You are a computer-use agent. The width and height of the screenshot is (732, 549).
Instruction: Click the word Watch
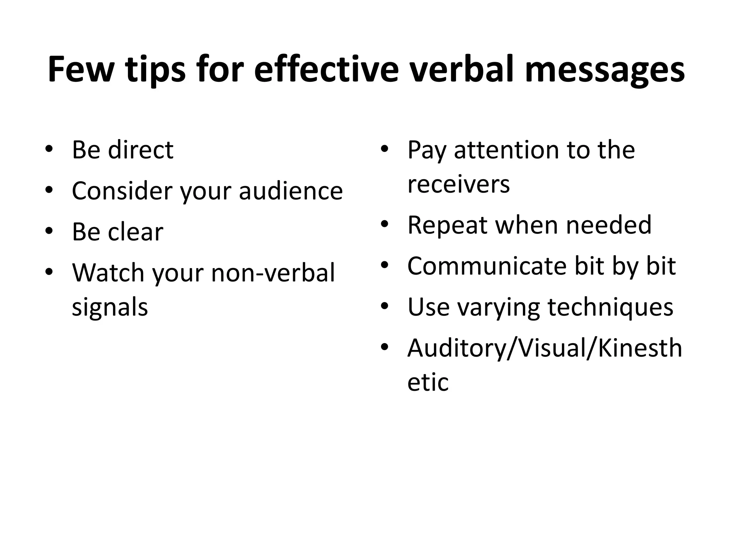coord(109,273)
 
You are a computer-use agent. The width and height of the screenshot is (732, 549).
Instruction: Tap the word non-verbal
coord(273,273)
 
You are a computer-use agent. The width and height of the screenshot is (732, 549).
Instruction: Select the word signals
coord(110,308)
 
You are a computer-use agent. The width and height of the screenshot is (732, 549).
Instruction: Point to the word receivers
coord(459,184)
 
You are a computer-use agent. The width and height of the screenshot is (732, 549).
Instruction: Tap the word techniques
coord(610,307)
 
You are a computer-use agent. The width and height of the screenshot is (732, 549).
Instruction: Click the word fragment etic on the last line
coord(428,382)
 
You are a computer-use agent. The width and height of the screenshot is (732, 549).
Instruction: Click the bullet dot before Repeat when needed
coord(384,224)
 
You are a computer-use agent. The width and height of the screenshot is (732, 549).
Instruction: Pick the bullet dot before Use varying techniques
coord(384,306)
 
